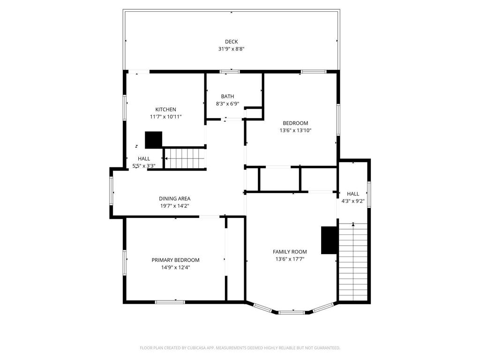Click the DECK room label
click(x=231, y=42)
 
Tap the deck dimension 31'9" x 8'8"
click(x=231, y=49)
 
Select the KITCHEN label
click(x=166, y=109)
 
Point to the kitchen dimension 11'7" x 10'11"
click(x=166, y=117)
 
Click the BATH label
click(x=227, y=97)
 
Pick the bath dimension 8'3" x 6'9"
click(x=227, y=104)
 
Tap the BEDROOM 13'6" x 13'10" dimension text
click(x=295, y=130)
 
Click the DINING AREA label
click(x=174, y=198)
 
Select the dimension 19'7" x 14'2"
click(x=174, y=206)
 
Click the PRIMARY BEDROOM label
click(x=175, y=260)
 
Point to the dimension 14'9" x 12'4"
click(x=175, y=268)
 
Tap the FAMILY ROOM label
click(x=290, y=252)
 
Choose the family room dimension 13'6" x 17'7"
click(x=290, y=259)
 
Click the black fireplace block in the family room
click(x=329, y=240)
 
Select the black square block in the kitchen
click(x=153, y=140)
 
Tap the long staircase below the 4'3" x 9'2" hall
click(x=353, y=262)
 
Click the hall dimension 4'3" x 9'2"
click(x=353, y=201)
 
